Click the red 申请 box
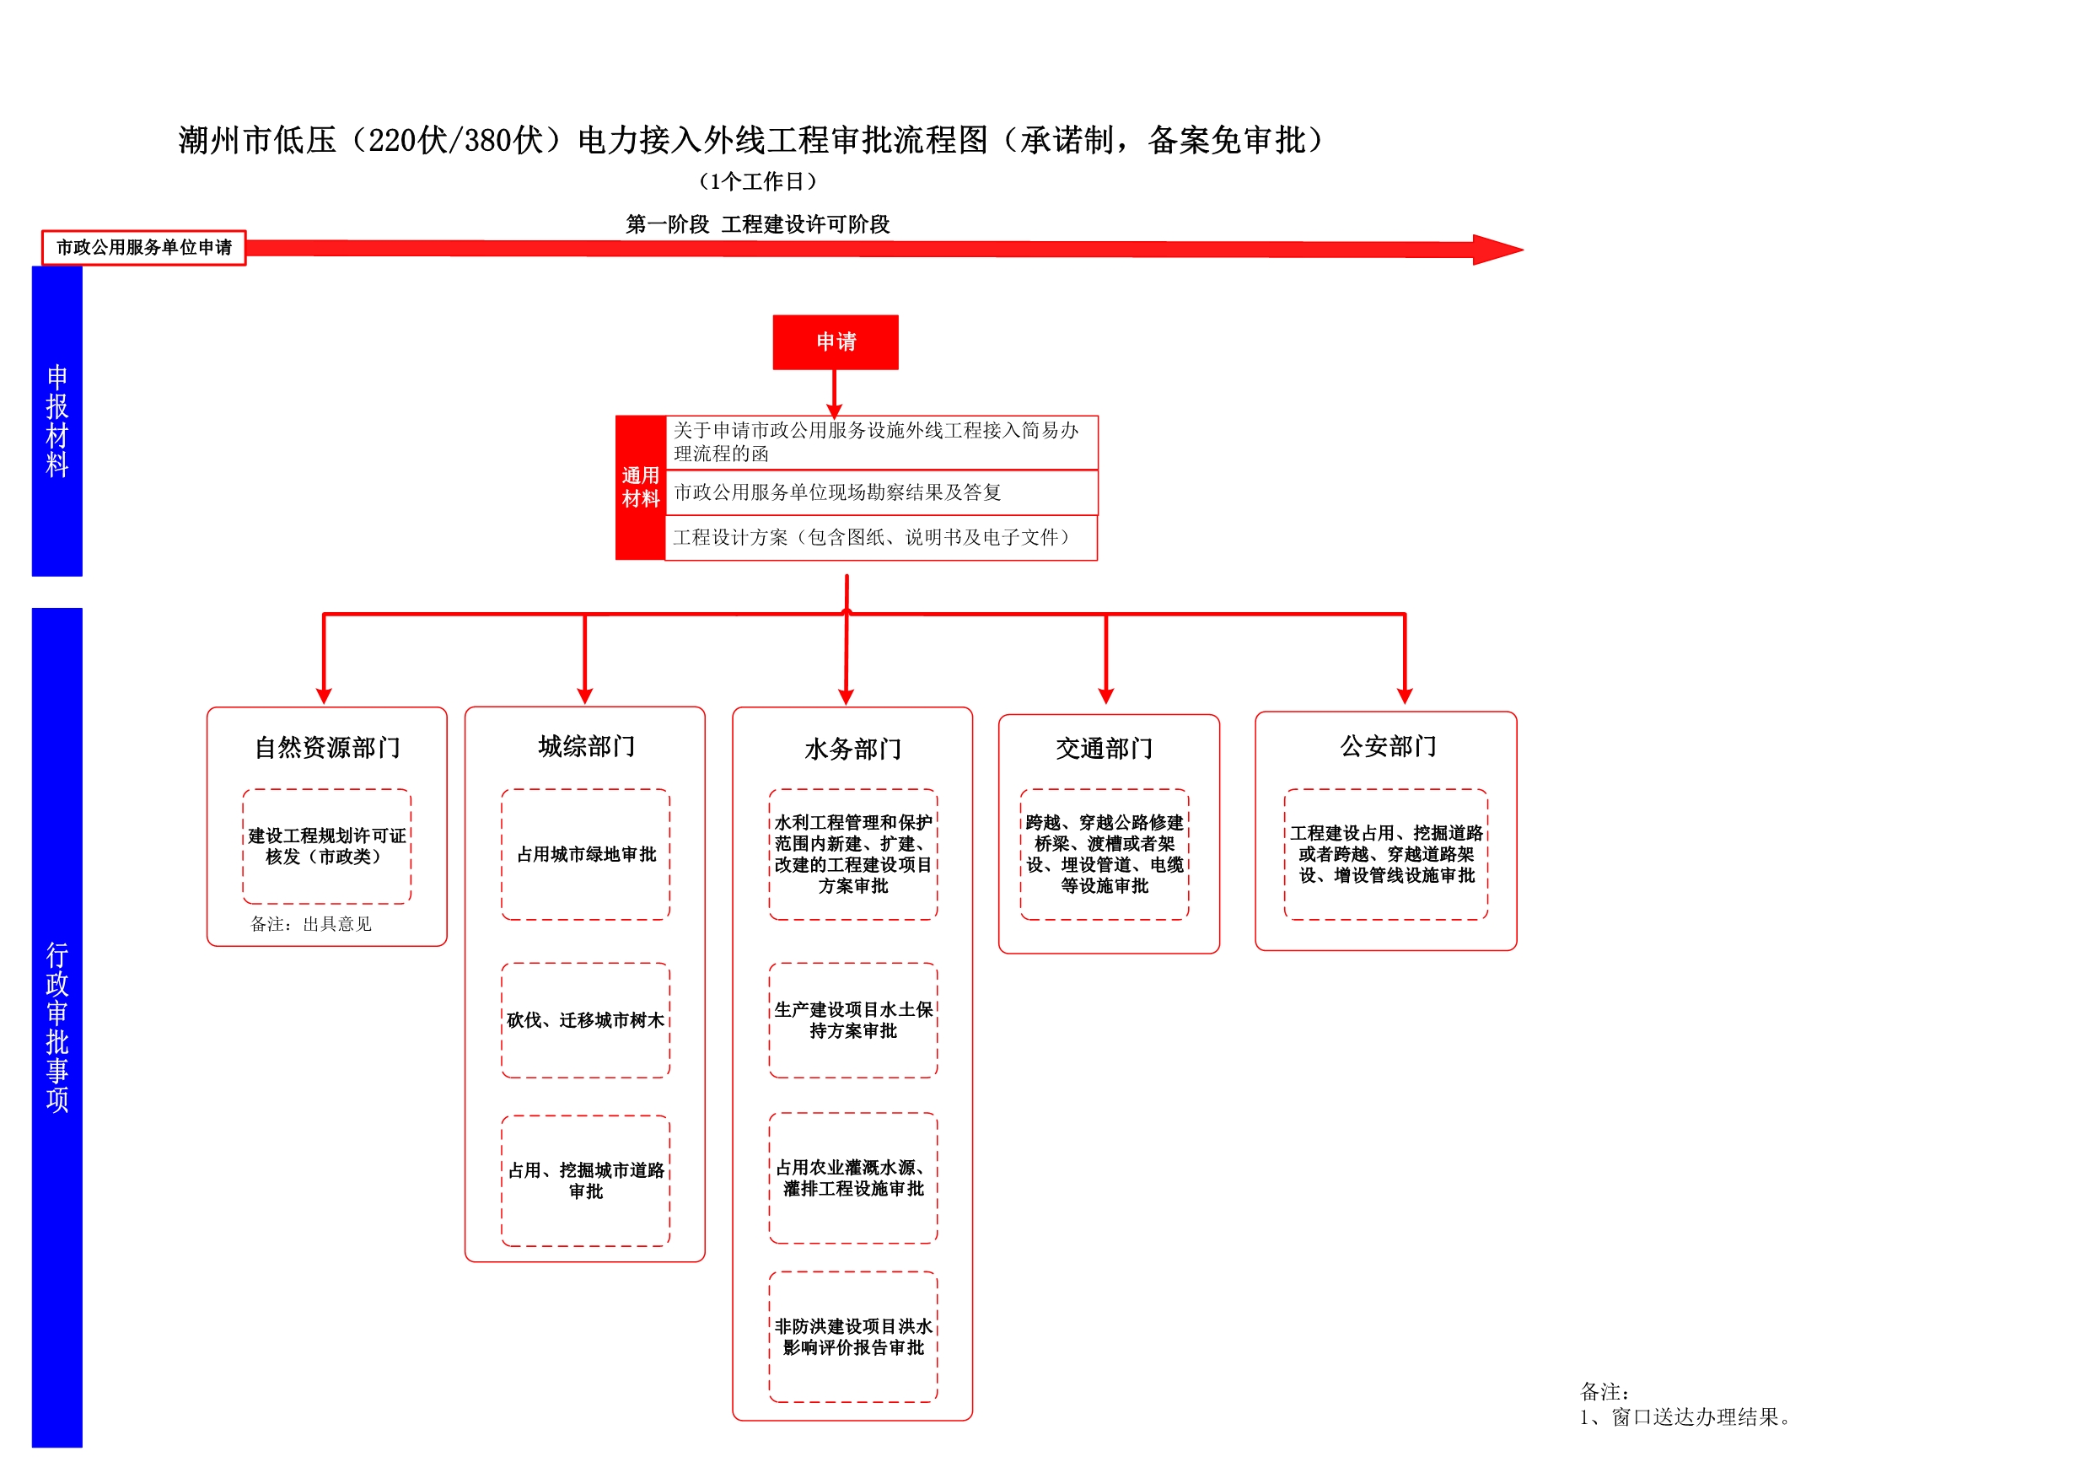(835, 342)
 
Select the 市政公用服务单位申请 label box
(144, 248)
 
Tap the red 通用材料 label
(640, 488)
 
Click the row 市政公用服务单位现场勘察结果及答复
(882, 492)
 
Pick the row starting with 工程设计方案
(882, 538)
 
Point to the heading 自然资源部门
(327, 748)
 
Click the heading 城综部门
(586, 747)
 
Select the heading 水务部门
(852, 750)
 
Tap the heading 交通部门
(1104, 749)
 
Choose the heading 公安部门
(1388, 747)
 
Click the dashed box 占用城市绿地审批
(586, 854)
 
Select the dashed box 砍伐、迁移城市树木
(586, 1020)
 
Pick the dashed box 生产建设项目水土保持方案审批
(853, 1020)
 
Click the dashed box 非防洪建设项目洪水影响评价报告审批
(853, 1337)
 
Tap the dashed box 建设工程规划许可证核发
(327, 846)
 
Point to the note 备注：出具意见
(311, 924)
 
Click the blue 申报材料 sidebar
(57, 421)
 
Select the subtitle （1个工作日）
(758, 182)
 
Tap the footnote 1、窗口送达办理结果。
(1685, 1417)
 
